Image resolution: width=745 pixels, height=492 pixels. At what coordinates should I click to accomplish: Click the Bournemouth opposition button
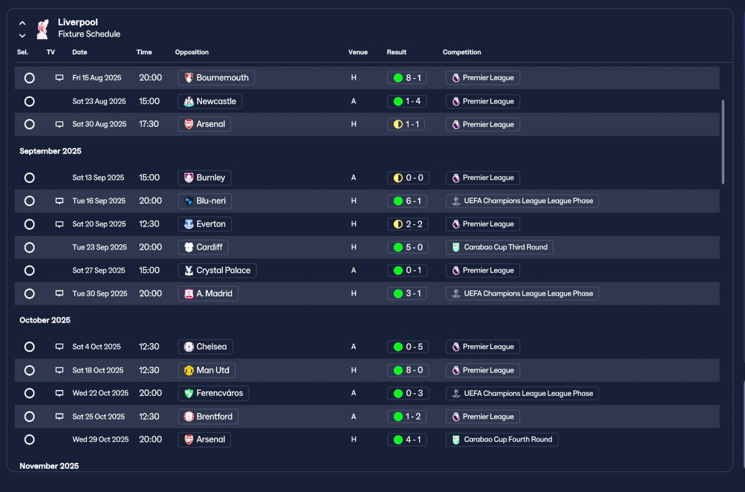(216, 78)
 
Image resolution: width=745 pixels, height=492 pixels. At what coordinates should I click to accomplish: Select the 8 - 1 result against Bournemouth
(407, 78)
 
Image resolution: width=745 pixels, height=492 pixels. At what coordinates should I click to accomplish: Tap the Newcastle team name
(216, 101)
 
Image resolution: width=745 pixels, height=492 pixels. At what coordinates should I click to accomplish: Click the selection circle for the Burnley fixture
(29, 178)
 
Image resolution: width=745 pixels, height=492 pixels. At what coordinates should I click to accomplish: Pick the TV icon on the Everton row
(59, 224)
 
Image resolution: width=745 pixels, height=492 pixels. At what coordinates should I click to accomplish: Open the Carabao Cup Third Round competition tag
(499, 247)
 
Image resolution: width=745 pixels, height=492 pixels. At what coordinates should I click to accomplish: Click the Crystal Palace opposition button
(217, 270)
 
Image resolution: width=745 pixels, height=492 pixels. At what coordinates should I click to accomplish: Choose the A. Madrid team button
(208, 293)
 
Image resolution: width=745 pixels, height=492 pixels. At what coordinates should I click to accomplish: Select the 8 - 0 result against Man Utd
(408, 370)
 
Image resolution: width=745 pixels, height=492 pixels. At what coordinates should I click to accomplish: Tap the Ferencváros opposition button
(213, 393)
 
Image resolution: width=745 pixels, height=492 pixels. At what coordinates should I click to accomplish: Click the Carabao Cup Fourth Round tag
(502, 440)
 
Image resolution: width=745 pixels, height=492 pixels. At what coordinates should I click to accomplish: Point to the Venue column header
(358, 52)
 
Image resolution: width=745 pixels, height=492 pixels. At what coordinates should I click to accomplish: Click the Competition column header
(462, 52)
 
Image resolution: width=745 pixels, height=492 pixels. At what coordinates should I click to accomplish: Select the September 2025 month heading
(50, 151)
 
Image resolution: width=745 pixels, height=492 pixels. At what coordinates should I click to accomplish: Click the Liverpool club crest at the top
(42, 29)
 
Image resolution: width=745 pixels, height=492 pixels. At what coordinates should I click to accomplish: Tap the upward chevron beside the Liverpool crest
(22, 23)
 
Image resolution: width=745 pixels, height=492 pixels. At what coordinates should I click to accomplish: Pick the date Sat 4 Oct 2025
(97, 346)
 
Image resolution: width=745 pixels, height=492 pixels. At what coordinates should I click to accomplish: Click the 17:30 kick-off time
(148, 124)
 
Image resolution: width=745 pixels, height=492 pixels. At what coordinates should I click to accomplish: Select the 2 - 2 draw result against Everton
(407, 224)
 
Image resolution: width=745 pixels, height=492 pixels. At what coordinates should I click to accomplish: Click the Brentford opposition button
(208, 416)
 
